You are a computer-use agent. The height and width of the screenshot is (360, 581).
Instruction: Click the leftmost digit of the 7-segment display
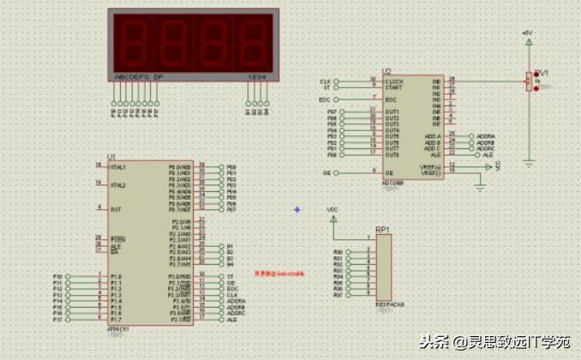[x=133, y=41]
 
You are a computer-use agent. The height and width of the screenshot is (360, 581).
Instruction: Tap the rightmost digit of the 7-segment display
[x=255, y=41]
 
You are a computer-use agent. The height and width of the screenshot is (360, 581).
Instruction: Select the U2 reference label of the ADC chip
[x=387, y=72]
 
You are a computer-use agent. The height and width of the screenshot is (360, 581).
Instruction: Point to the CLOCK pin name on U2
[x=395, y=81]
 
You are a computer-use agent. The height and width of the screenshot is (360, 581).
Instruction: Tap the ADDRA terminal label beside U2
[x=486, y=136]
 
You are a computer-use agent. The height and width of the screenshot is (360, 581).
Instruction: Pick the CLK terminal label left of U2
[x=326, y=81]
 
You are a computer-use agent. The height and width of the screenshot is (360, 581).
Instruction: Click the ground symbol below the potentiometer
[x=530, y=160]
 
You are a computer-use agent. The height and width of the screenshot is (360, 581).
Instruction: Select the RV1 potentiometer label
[x=541, y=73]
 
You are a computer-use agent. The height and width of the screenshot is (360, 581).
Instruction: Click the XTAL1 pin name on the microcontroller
[x=118, y=167]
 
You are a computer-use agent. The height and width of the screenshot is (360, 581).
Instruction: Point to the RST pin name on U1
[x=114, y=209]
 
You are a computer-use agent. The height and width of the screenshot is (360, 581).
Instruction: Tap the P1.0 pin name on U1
[x=117, y=277]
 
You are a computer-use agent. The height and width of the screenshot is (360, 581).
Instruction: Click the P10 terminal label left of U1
[x=58, y=277]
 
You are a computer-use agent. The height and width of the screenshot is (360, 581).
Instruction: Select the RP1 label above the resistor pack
[x=382, y=230]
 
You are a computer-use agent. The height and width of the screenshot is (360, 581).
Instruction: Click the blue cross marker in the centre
[x=297, y=208]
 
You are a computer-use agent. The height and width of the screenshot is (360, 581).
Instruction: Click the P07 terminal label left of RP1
[x=338, y=295]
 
